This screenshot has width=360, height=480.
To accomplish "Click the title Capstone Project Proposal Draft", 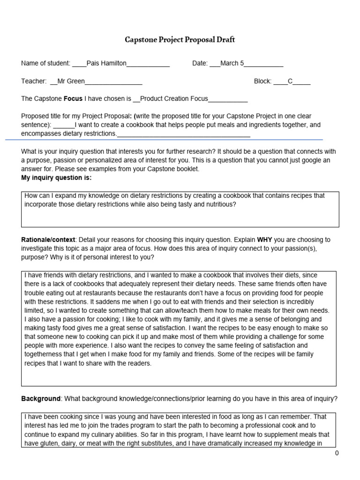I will coord(180,40).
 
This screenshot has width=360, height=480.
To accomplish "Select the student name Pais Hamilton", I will coord(106,63).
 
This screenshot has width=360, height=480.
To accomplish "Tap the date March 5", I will coord(232,63).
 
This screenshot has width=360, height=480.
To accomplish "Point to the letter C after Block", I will coord(290,81).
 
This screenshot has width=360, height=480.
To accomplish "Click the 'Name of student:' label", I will coord(45,63).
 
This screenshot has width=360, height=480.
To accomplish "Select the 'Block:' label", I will coord(262,81).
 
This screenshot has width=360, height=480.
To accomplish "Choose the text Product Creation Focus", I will coord(174,99).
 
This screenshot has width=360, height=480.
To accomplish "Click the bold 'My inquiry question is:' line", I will coord(56,178).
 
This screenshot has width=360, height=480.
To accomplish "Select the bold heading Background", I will coord(41,399).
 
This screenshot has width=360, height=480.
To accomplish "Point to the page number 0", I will coord(337,453).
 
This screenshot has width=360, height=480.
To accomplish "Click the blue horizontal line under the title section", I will coord(164,140).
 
